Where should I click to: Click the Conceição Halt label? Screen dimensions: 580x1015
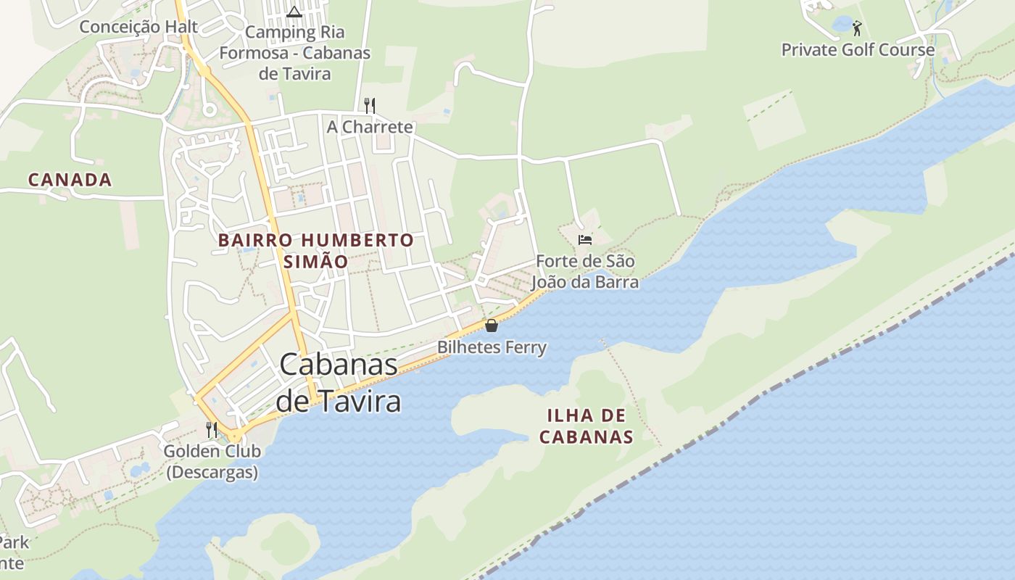pos(138,27)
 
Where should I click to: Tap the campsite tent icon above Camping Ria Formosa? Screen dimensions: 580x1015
pos(294,12)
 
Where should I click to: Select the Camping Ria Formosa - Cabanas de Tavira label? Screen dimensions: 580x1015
pos(294,53)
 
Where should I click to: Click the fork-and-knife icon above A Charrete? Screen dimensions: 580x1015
pos(370,106)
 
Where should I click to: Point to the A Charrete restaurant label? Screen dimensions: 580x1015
pos(370,127)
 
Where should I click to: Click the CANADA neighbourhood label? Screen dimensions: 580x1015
pos(70,180)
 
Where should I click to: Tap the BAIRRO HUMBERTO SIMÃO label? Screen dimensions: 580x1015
pos(316,250)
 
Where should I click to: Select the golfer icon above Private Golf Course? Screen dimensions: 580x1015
pos(858,28)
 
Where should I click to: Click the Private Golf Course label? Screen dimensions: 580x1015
pos(858,50)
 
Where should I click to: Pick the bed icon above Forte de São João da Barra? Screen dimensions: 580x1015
pos(585,239)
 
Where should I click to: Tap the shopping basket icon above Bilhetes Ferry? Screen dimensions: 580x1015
pos(492,326)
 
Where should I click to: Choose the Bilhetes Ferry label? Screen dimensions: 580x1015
pos(492,347)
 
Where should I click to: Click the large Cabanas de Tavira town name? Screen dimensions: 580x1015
pos(339,382)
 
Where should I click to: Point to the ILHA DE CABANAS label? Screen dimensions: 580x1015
pos(587,426)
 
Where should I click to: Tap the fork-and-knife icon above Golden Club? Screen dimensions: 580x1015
pos(212,429)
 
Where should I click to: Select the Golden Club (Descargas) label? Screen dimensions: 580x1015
pos(212,461)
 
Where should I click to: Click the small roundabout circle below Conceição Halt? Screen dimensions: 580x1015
pos(210,110)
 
